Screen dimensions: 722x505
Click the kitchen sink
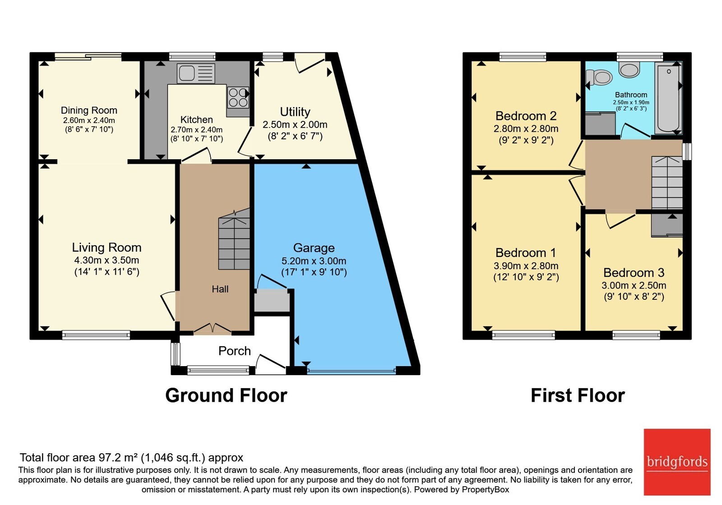(x=196, y=73)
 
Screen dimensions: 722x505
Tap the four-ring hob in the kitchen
(x=238, y=97)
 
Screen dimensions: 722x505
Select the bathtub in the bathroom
(x=668, y=98)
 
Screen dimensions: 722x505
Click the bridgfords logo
(x=677, y=462)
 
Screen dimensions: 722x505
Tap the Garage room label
(x=314, y=248)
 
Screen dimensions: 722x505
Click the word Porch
(x=235, y=351)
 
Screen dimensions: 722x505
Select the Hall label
(x=220, y=289)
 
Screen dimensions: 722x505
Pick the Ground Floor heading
(x=226, y=395)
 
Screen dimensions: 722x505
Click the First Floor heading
(x=578, y=395)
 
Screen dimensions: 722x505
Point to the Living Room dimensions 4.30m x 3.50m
(x=106, y=260)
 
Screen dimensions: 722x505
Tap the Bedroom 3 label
(x=634, y=272)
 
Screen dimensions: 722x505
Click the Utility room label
(x=295, y=112)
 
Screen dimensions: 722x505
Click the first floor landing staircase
(x=667, y=182)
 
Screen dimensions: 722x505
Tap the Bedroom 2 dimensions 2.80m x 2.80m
(x=526, y=129)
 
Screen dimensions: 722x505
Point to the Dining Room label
(x=89, y=110)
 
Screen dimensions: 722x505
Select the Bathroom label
(x=631, y=95)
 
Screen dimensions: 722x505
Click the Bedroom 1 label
(x=526, y=252)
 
